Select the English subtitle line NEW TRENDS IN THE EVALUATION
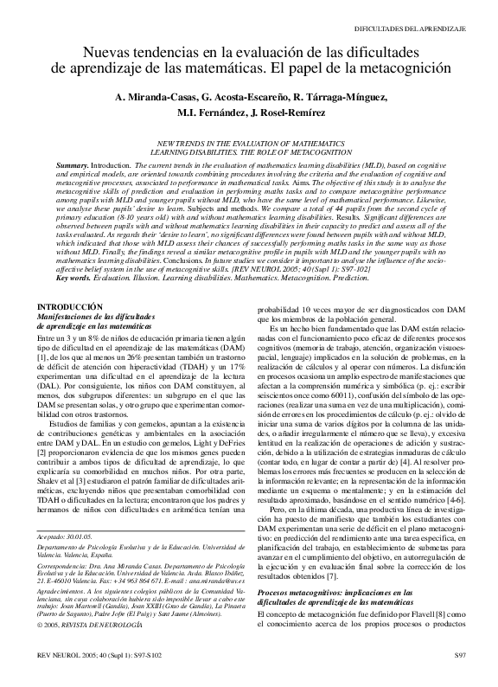click(x=249, y=141)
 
